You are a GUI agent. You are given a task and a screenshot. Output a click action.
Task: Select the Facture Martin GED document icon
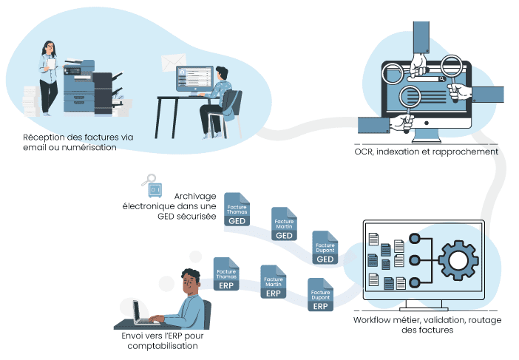click(285, 224)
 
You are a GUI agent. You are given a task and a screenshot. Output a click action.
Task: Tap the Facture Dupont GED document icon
click(325, 247)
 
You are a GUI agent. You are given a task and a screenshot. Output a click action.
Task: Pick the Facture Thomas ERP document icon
click(226, 274)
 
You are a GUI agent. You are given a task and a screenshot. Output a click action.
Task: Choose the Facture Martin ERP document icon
click(273, 282)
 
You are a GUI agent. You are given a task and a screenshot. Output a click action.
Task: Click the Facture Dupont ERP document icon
click(320, 294)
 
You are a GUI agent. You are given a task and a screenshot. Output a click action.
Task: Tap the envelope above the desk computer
click(173, 63)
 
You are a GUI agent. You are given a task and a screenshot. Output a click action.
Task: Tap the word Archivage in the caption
click(194, 196)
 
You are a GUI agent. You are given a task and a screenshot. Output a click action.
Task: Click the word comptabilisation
click(163, 345)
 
